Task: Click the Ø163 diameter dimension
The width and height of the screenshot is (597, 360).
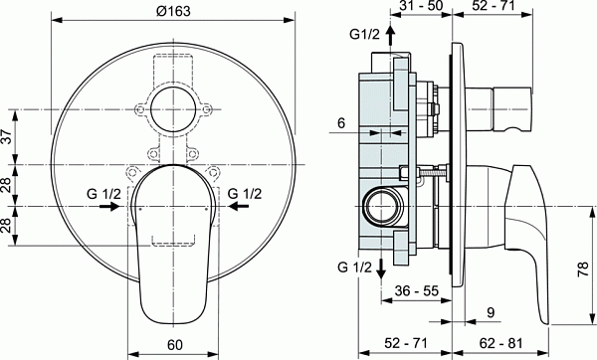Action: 175,10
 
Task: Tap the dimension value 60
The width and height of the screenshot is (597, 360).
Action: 175,347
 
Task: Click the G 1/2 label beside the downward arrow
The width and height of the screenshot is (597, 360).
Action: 354,268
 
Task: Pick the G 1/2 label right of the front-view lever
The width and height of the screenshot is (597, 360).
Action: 245,193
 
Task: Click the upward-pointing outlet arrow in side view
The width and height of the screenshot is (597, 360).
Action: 390,37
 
